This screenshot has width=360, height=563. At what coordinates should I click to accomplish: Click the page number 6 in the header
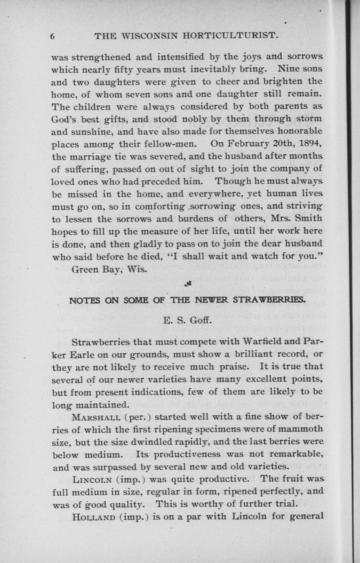click(53, 36)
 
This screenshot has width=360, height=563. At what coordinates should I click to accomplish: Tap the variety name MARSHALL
click(96, 417)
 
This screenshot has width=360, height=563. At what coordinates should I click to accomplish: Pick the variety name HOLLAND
click(94, 517)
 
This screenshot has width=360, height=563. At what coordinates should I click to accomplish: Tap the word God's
click(67, 120)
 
